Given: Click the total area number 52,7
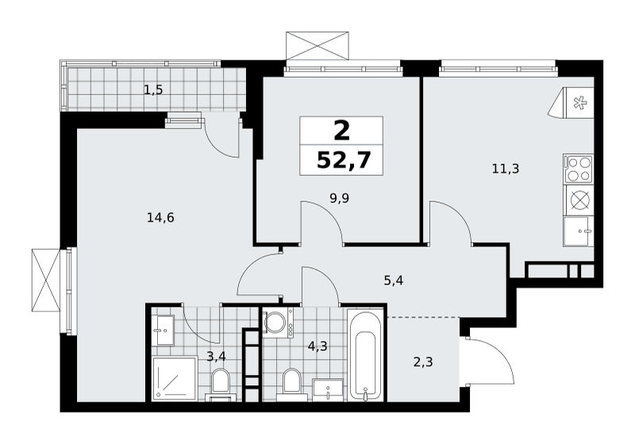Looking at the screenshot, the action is [x=344, y=160].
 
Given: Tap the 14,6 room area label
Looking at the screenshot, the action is [x=160, y=218].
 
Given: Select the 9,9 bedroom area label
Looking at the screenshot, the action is [x=339, y=198].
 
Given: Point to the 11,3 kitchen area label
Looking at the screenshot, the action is [x=506, y=168].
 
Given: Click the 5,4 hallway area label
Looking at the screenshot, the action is [x=393, y=280].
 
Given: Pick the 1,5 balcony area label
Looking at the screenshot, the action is [x=153, y=90].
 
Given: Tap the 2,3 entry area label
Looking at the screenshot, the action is [x=423, y=362].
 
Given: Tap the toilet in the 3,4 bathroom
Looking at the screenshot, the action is [x=220, y=385].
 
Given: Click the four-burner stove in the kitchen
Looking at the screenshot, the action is [x=578, y=169].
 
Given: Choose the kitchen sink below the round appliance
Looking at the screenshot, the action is [x=578, y=231].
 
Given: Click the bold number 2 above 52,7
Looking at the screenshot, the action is [x=342, y=131].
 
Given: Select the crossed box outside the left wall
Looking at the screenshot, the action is [x=46, y=280].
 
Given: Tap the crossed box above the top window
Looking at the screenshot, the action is [x=317, y=46].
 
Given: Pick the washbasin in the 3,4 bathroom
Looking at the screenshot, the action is [x=165, y=330].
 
